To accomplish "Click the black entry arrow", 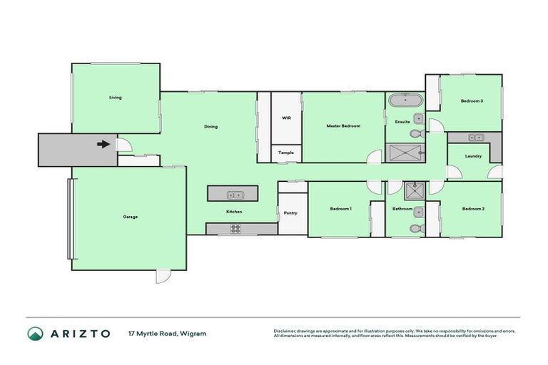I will point(103,144).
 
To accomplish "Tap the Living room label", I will point(115,98).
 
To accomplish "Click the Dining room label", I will point(210,127).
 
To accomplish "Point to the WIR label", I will point(286,117).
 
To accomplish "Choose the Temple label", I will point(286,153).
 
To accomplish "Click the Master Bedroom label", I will point(343,126).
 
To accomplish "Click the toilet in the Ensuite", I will point(416,133).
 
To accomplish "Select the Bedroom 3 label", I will point(472,101).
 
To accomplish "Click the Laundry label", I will point(473,156).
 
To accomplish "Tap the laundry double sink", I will point(476,137).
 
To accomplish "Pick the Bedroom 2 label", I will point(473,209).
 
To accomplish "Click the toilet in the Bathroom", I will point(416,228).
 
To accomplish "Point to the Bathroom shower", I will point(413,190).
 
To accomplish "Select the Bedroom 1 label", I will point(340,209).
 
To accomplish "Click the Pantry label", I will point(290,213).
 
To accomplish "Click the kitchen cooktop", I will point(235,228).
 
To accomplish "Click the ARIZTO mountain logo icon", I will point(36,334).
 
